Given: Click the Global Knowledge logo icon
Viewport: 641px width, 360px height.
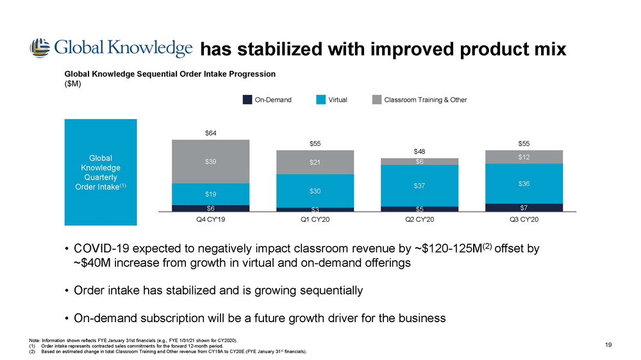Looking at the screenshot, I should tap(39, 48).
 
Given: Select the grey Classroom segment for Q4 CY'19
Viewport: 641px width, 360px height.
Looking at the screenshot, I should tap(210, 161).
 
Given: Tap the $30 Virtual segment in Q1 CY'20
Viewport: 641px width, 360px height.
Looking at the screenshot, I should tap(315, 191).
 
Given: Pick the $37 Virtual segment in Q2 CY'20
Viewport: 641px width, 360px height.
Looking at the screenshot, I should tap(419, 186).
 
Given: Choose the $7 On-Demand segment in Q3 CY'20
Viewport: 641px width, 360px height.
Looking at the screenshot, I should tap(524, 207).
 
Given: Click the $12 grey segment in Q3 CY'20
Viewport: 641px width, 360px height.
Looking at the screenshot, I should tap(524, 157).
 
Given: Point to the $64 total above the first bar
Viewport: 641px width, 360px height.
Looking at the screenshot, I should tap(210, 133).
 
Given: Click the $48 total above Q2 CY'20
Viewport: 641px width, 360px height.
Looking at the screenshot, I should tap(419, 151).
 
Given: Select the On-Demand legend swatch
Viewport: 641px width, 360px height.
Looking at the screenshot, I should tap(247, 100).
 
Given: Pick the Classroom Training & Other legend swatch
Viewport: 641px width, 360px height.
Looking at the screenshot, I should tap(377, 100).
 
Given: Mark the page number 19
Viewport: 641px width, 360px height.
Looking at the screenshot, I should tap(608, 345).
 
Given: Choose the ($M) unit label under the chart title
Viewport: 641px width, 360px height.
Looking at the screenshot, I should tap(72, 83).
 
